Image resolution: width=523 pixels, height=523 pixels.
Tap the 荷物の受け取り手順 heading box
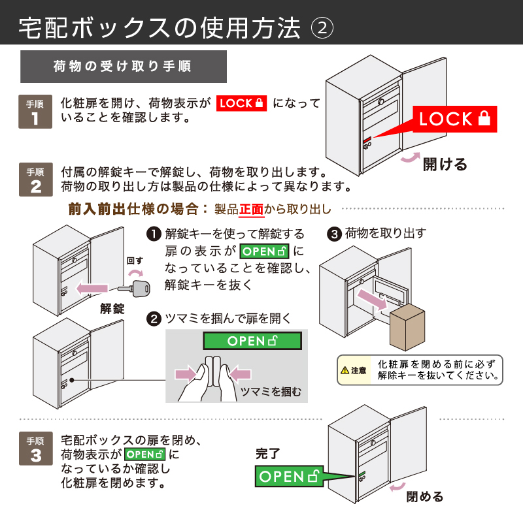124,67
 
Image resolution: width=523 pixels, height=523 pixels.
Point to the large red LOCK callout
454,119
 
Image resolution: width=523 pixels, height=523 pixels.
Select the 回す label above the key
135,261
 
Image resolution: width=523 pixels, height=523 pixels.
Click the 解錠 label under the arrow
112,308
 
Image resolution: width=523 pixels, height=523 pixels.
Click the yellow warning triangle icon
345,371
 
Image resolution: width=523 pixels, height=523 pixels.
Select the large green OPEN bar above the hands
252,340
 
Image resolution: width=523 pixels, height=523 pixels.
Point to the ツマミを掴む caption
271,391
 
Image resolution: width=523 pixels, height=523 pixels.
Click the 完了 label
267,452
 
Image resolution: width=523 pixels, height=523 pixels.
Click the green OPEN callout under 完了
290,476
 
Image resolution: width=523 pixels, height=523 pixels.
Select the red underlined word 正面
251,210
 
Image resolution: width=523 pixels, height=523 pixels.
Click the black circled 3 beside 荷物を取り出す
334,233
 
